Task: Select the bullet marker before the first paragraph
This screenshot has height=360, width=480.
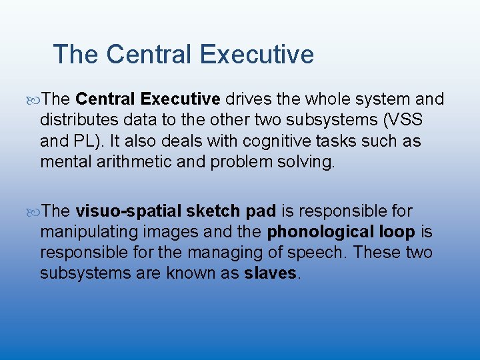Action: click(35, 100)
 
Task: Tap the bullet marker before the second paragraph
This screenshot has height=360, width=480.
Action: click(35, 212)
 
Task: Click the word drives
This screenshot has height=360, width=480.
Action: click(247, 99)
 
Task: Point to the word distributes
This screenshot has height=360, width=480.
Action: click(79, 121)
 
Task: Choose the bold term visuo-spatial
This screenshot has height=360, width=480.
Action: click(128, 211)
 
